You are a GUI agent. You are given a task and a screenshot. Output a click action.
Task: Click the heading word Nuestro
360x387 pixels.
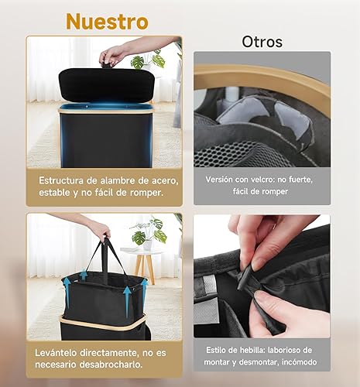point(107,22)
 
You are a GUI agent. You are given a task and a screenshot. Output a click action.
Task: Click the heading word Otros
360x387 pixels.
point(262,42)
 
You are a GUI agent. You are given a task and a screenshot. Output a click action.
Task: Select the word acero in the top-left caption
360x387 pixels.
point(164,180)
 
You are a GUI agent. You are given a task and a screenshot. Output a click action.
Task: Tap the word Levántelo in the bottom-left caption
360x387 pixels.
point(56,353)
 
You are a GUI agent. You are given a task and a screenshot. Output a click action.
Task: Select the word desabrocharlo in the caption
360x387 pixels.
point(111,365)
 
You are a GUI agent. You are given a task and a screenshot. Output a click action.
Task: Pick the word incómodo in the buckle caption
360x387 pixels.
point(300,362)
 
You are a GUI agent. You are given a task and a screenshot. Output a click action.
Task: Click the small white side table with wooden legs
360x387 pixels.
point(143,263)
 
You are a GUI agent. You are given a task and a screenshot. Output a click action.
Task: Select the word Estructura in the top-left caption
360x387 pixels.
point(61,180)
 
